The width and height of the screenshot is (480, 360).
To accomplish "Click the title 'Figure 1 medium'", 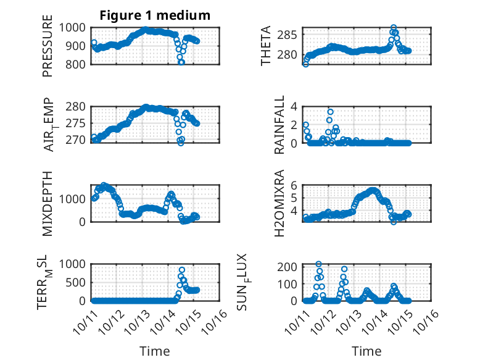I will pyautogui.click(x=155, y=15).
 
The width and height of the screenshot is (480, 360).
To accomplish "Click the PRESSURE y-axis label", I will pyautogui.click(x=48, y=48).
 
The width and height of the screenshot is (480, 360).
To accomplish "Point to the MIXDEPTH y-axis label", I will pyautogui.click(x=48, y=203).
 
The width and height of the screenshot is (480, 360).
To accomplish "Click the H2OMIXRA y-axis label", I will pyautogui.click(x=279, y=203).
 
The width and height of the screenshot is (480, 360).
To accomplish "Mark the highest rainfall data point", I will pyautogui.click(x=331, y=112).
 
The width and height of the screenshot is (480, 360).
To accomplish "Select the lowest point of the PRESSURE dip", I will pyautogui.click(x=181, y=62).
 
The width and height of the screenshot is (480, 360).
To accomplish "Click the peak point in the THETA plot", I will pyautogui.click(x=394, y=28).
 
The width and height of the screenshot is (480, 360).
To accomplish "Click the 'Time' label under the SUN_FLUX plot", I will pyautogui.click(x=366, y=351).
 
